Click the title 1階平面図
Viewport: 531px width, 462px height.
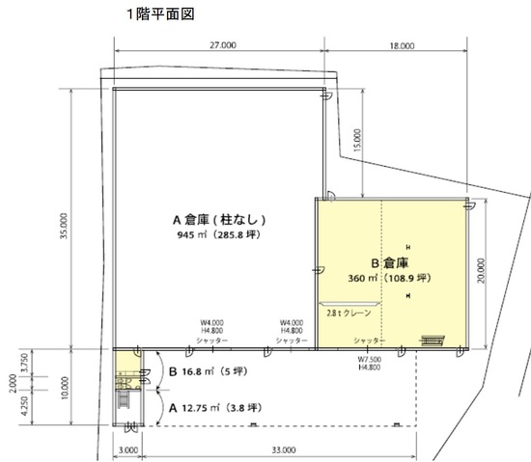160,14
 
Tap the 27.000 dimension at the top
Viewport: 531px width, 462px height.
223,45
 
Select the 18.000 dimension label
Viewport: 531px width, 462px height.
402,45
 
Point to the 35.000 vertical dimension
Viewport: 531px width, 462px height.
64,226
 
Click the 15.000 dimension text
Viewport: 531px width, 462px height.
357,140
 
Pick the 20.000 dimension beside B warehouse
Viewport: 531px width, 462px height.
481,271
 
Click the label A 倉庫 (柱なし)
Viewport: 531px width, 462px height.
219,220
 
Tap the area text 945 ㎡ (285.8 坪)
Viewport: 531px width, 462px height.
219,234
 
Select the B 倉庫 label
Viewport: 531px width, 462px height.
390,262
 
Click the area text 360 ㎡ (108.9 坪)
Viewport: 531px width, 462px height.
389,278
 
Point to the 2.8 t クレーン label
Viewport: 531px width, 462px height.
349,313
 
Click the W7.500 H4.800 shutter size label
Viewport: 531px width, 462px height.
370,364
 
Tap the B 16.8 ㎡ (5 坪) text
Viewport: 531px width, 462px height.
208,371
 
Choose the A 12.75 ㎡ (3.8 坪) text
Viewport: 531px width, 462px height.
215,408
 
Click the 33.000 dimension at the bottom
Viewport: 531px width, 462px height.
284,449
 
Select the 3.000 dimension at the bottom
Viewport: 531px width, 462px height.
128,450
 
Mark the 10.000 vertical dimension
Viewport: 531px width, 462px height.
65,388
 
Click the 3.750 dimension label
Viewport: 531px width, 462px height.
24,363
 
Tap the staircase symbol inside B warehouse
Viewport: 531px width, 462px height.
433,340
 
